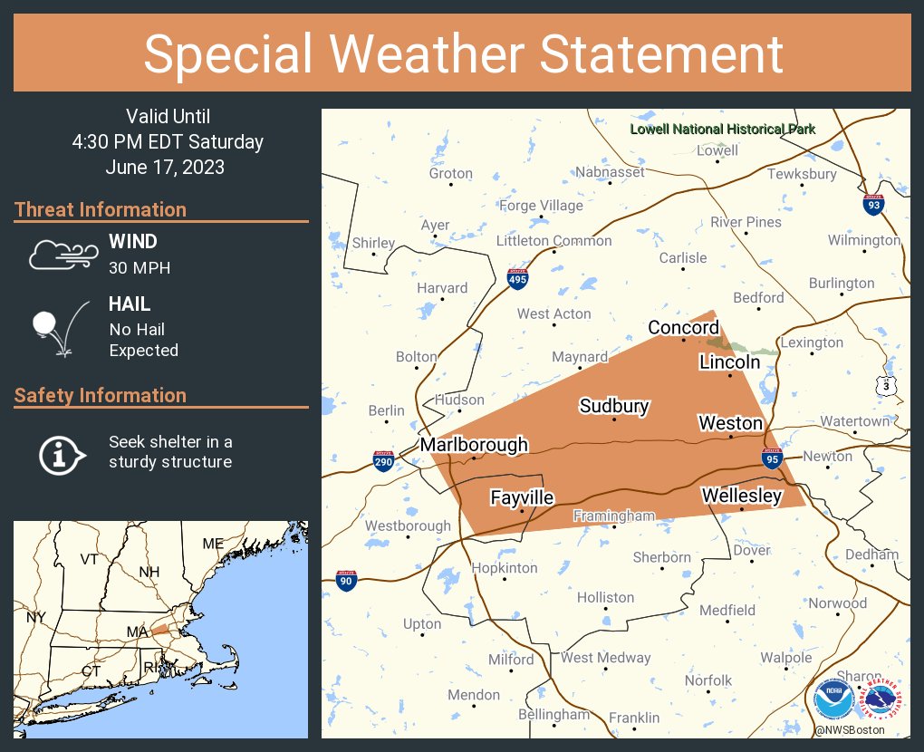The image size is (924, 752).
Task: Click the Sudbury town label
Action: click(x=614, y=405)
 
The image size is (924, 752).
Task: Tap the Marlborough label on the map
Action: click(x=473, y=445)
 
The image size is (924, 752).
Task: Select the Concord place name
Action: click(x=683, y=327)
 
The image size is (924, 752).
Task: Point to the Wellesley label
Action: click(x=741, y=496)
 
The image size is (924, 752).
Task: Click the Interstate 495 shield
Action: click(x=517, y=278)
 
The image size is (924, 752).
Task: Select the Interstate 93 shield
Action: click(x=873, y=204)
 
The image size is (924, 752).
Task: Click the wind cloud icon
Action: click(x=62, y=255)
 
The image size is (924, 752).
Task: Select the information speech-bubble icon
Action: click(x=61, y=453)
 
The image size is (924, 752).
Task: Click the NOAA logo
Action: click(x=833, y=700)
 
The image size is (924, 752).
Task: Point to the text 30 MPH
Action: click(x=140, y=268)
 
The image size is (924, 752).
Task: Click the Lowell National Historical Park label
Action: click(x=722, y=129)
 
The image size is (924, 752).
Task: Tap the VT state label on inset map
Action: click(x=89, y=559)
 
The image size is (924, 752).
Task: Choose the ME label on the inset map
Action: click(x=213, y=544)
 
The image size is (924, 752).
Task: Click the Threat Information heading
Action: click(x=101, y=209)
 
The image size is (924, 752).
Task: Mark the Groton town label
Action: click(x=451, y=173)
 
